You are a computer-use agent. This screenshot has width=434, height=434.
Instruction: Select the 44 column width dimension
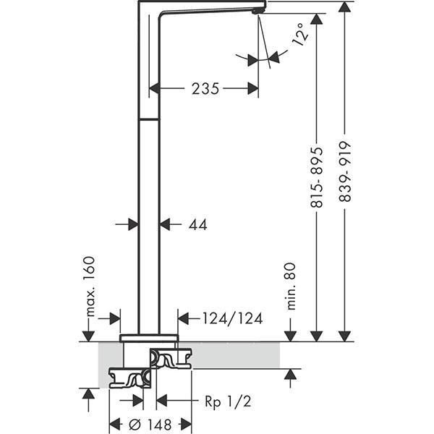pyautogui.click(x=197, y=225)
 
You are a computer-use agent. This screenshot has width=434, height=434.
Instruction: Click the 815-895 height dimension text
pyautogui.click(x=317, y=174)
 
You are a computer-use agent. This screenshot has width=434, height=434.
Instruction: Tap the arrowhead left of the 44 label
pyautogui.click(x=166, y=225)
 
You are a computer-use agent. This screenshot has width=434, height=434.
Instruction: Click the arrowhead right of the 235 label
pyautogui.click(x=252, y=89)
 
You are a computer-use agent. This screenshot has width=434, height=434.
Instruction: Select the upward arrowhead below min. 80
pyautogui.click(x=291, y=374)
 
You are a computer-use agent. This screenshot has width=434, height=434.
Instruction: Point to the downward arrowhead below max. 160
pyautogui.click(x=88, y=335)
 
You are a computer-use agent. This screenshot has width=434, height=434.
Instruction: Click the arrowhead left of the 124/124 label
pyautogui.click(x=183, y=318)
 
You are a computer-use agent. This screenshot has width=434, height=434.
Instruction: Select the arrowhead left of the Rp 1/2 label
pyautogui.click(x=162, y=400)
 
